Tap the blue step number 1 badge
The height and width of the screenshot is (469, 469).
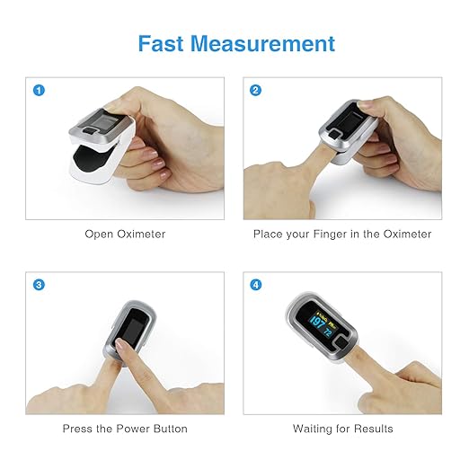tap(39, 90)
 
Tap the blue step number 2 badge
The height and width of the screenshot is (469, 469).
tap(256, 90)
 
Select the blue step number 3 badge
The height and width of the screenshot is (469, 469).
tap(39, 285)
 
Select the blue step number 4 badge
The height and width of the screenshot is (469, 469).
tap(256, 285)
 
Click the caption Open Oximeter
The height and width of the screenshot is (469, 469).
tap(125, 234)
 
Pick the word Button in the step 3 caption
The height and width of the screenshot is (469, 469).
tap(170, 429)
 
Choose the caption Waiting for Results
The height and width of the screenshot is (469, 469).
tap(342, 429)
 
